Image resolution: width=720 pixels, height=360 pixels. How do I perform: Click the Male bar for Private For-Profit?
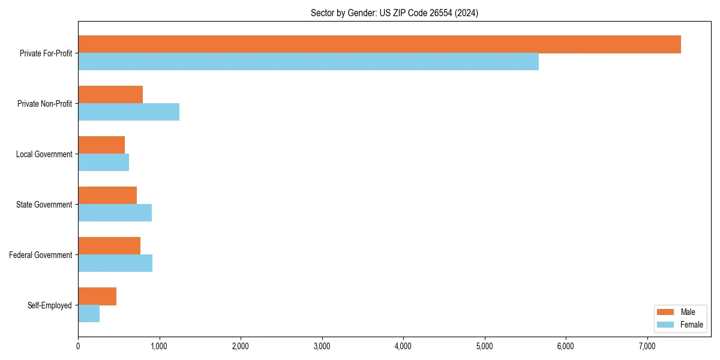coord(379,44)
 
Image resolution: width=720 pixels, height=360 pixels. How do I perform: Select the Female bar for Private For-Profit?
coord(308,62)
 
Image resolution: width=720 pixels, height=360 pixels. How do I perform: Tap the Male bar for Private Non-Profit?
coord(110,95)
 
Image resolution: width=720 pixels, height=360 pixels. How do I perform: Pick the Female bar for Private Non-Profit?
coord(128,112)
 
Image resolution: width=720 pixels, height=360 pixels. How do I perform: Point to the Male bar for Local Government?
coord(101,145)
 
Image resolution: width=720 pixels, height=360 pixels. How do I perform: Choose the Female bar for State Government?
coord(115,213)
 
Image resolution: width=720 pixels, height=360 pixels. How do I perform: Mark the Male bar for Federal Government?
coord(109,246)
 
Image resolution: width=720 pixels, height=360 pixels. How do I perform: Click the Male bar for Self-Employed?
coord(97,296)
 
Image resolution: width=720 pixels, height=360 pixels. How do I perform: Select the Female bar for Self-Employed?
coord(89,314)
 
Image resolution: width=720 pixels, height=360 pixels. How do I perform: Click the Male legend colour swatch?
coord(666,312)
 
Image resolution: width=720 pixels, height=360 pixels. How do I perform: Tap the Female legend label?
coord(691,325)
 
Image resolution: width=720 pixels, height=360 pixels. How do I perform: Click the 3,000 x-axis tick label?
coord(322,346)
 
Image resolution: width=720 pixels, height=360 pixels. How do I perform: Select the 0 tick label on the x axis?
coord(78,346)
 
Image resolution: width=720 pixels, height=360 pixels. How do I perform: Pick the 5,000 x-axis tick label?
coord(485,346)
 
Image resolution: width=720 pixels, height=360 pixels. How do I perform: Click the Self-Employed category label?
coord(50,305)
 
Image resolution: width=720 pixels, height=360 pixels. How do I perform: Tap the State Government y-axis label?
coord(44,205)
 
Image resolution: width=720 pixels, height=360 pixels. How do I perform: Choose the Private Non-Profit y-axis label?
coord(44,104)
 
